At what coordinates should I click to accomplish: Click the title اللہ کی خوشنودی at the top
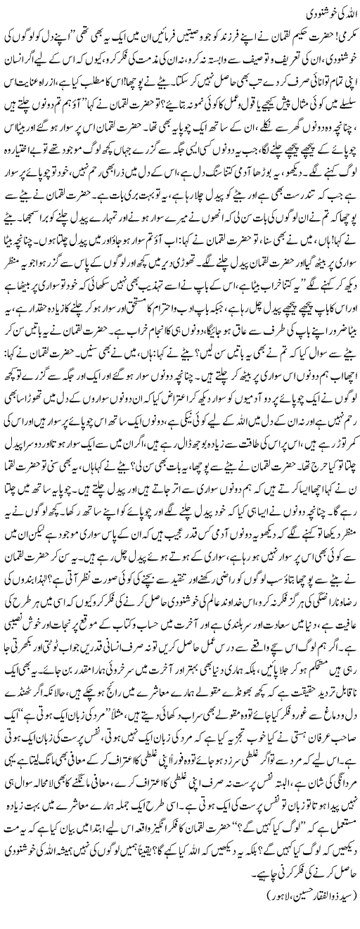pyautogui.click(x=179, y=10)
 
